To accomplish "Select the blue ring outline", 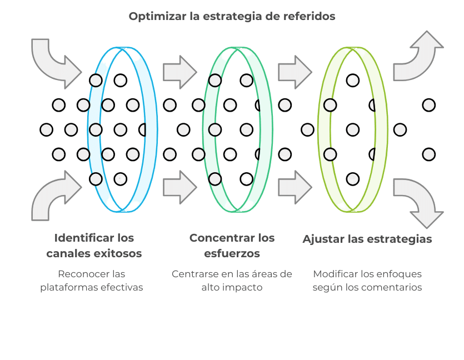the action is pos(88,129).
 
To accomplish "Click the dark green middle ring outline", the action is pos(203,129).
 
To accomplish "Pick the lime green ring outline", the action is pos(319,129).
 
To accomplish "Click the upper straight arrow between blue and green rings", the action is pos(180,72).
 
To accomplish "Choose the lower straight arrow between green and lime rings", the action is pos(295,187).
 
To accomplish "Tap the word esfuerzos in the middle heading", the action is pos(232,253).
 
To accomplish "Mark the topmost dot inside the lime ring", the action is pos(353,81).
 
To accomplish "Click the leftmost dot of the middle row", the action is pos(47,129).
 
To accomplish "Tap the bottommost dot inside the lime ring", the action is pos(353,179).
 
